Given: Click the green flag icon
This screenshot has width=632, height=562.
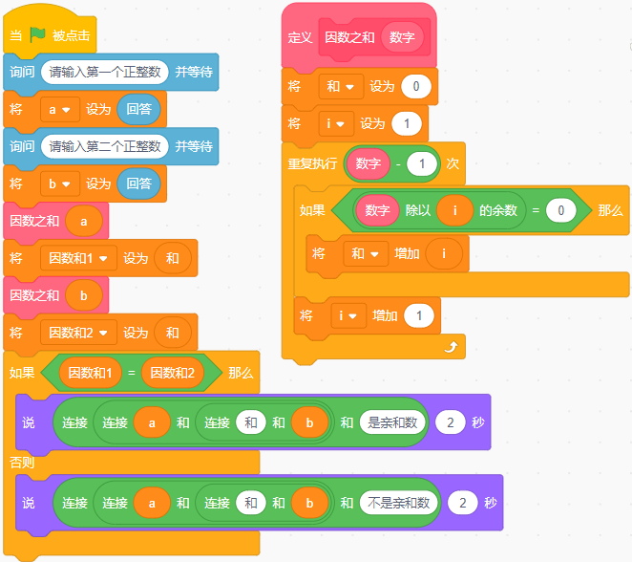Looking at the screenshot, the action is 37,34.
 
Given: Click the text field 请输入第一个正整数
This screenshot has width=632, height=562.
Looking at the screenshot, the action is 105,72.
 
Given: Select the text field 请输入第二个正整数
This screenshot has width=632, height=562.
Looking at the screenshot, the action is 105,146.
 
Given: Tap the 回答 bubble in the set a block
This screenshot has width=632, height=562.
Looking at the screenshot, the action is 138,109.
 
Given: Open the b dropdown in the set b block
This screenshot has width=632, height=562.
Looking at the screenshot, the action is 59,184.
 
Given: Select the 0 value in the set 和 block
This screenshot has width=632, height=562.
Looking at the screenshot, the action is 415,87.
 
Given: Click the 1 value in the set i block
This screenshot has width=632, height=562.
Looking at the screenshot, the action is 406,124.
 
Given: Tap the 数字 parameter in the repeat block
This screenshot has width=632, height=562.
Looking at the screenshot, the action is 368,163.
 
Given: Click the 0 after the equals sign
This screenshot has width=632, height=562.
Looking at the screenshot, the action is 561,210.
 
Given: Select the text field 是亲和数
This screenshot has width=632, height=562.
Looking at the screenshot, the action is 391,421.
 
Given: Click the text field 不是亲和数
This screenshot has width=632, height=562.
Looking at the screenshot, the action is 397,503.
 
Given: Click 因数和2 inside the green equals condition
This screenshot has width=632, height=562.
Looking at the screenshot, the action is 173,372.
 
